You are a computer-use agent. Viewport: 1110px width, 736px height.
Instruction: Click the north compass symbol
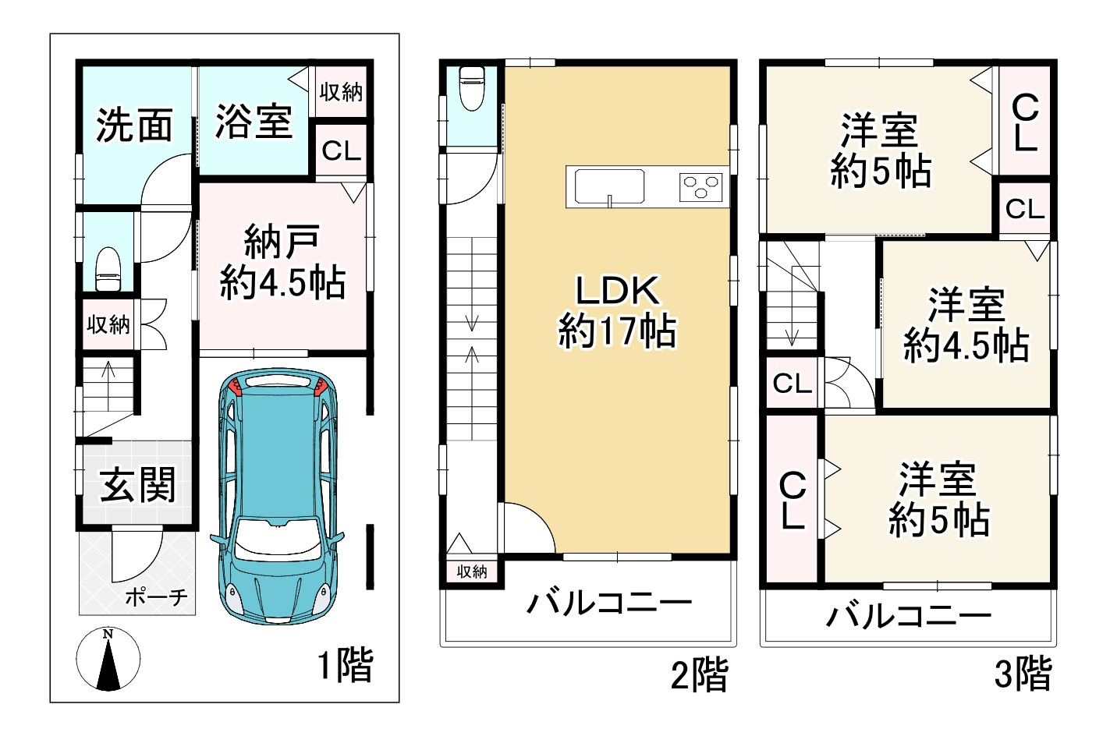108,659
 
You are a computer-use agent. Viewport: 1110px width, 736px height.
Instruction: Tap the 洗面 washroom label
134,125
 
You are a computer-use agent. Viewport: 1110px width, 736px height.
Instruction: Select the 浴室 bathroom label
254,122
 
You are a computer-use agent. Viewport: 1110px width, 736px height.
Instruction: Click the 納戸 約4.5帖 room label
282,262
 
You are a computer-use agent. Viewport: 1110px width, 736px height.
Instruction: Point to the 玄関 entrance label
137,485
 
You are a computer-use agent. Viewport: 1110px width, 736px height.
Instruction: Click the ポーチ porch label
156,597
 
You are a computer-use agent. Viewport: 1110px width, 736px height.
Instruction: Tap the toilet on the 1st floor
107,269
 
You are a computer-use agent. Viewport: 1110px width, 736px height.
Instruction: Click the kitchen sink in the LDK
609,187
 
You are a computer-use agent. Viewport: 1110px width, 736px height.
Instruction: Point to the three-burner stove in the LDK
700,187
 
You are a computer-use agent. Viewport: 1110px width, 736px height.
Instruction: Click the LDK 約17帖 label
617,311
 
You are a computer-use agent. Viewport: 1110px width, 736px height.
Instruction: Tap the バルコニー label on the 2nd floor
609,603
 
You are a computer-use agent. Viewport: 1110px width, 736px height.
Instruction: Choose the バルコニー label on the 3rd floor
909,616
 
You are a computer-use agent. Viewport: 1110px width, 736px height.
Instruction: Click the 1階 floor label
346,665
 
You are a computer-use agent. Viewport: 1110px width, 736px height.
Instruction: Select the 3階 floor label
1023,672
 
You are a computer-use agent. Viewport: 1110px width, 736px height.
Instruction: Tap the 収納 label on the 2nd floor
472,571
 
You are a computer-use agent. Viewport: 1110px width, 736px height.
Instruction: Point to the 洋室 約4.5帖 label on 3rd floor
966,325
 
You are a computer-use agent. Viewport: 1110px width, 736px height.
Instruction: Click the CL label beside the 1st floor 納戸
341,151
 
